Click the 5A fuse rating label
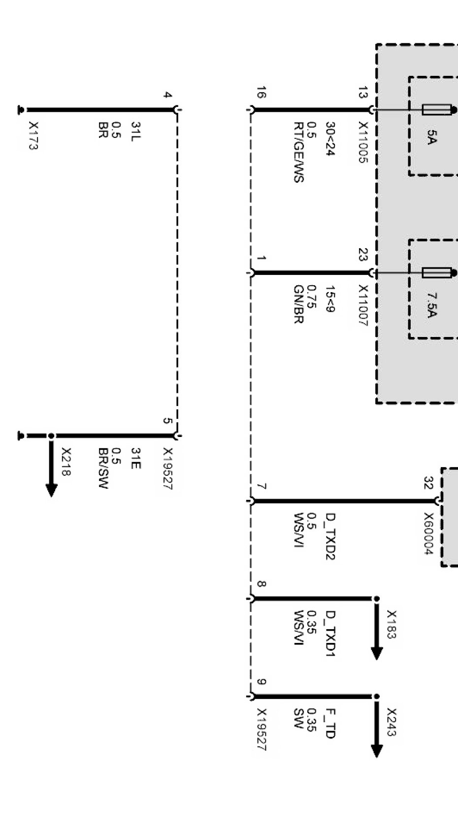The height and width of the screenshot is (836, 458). (431, 137)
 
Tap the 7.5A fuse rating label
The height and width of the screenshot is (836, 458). (431, 305)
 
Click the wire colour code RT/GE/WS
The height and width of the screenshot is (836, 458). (298, 152)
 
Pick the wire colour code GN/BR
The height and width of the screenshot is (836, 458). (298, 304)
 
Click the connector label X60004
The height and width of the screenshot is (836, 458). (428, 534)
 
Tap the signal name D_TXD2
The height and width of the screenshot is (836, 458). (330, 536)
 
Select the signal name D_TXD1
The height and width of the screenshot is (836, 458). (330, 634)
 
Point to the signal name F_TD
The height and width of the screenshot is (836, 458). (330, 723)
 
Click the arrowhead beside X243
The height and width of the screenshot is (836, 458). (377, 750)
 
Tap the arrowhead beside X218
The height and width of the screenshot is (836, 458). (51, 490)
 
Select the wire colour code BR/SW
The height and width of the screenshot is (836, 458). (103, 468)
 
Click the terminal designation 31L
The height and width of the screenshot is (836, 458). (135, 131)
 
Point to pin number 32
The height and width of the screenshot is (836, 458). (428, 483)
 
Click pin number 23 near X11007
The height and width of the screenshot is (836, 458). (363, 255)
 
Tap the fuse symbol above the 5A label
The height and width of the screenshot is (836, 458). (436, 109)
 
